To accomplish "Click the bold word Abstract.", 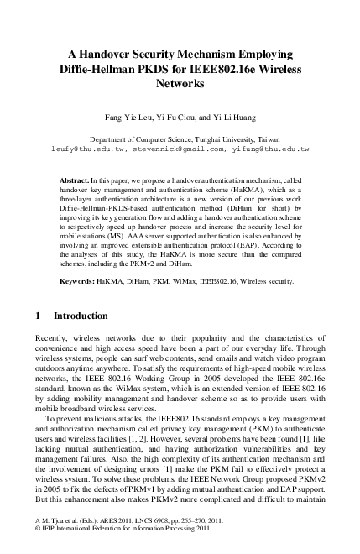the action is tap(76, 180).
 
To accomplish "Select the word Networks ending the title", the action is tap(180, 84).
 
